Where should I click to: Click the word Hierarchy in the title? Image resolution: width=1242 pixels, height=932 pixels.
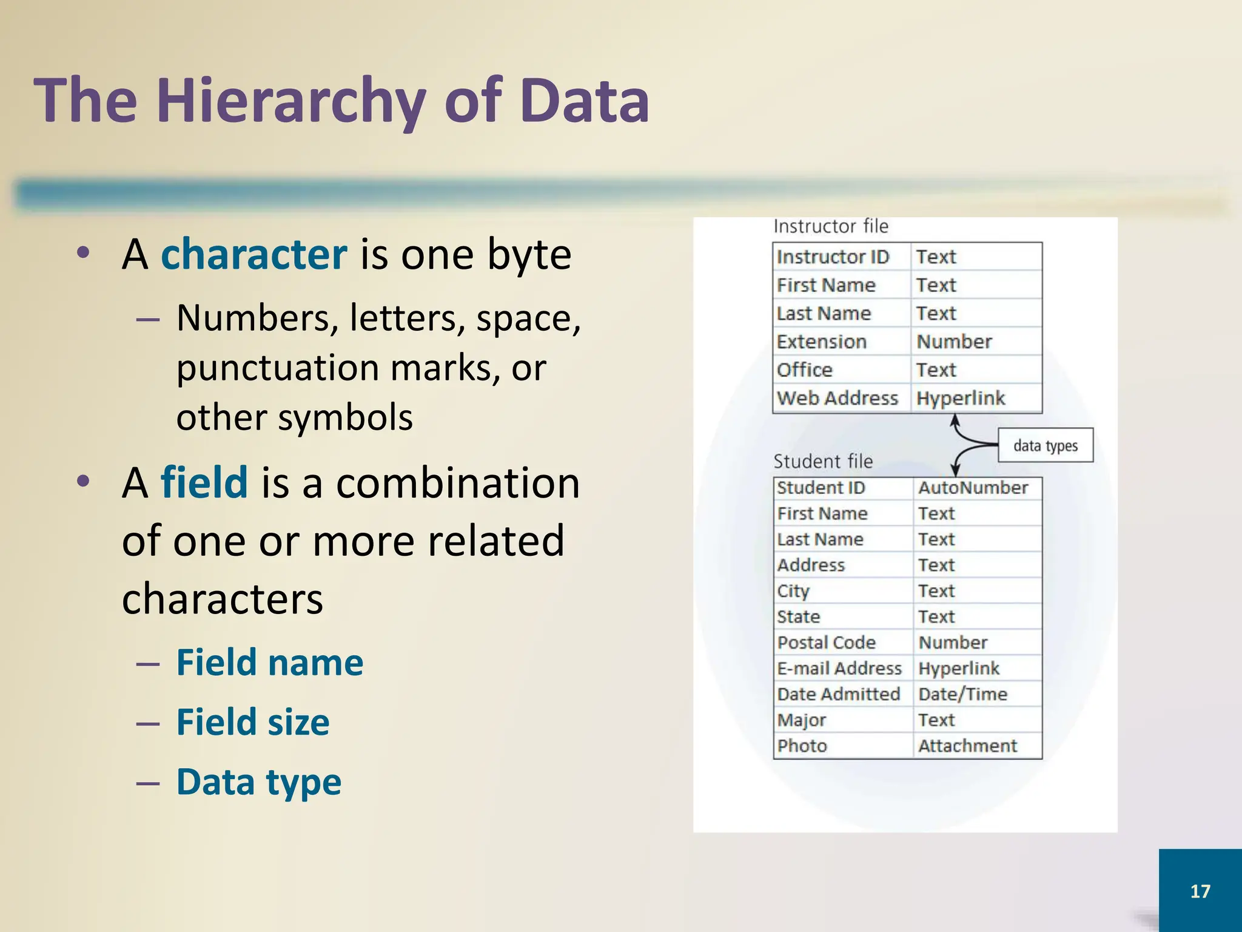click(291, 101)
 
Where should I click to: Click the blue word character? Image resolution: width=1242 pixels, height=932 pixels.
click(254, 254)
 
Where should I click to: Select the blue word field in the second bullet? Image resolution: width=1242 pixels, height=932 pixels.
click(204, 482)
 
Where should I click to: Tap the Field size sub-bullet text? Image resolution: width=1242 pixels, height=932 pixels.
click(253, 722)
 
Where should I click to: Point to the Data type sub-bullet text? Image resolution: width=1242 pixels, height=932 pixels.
click(259, 782)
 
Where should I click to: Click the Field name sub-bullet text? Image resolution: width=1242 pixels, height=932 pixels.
click(270, 662)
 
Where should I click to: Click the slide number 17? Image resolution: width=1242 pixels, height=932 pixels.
click(1200, 891)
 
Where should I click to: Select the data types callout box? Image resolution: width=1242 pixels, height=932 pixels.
click(1046, 446)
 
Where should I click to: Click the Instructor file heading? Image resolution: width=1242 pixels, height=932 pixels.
click(831, 227)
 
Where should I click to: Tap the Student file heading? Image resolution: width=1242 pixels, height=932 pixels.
click(823, 462)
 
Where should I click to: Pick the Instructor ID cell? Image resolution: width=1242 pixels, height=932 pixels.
click(833, 257)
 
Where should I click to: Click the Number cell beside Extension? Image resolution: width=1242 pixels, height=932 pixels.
click(954, 342)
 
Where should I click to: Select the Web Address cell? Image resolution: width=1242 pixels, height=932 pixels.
click(837, 398)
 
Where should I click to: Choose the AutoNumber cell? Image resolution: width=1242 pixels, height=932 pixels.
click(973, 488)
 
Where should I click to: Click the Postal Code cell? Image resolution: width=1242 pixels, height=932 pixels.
click(827, 643)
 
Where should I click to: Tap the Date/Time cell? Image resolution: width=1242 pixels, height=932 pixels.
click(962, 694)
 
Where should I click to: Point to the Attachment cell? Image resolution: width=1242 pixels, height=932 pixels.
click(967, 746)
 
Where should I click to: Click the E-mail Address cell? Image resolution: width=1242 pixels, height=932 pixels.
click(839, 669)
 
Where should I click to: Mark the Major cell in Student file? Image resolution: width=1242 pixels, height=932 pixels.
click(802, 720)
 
